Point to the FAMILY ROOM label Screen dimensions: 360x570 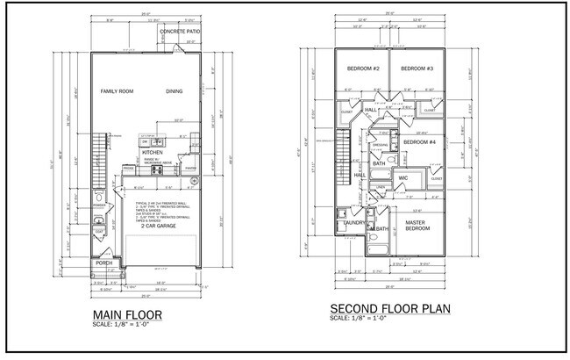point(119,91)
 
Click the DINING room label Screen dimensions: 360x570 point(175,91)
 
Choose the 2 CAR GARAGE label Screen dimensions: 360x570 point(154,225)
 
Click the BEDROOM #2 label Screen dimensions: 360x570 point(362,68)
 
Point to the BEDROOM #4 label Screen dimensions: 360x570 point(419,141)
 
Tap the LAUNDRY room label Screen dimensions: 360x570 point(353,223)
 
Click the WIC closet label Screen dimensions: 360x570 point(403,178)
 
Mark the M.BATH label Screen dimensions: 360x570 point(379,228)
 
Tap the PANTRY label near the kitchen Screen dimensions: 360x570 point(190,166)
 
